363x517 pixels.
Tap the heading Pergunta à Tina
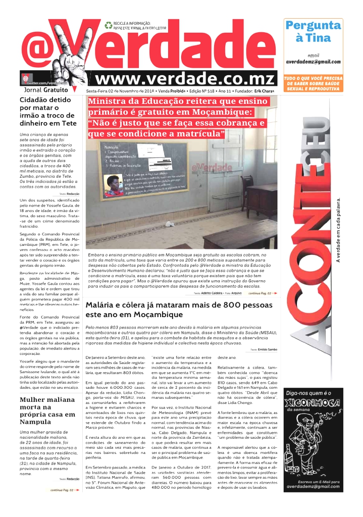(x=313, y=31)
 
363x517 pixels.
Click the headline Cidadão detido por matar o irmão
(x=48, y=111)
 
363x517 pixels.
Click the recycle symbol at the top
(x=108, y=24)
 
